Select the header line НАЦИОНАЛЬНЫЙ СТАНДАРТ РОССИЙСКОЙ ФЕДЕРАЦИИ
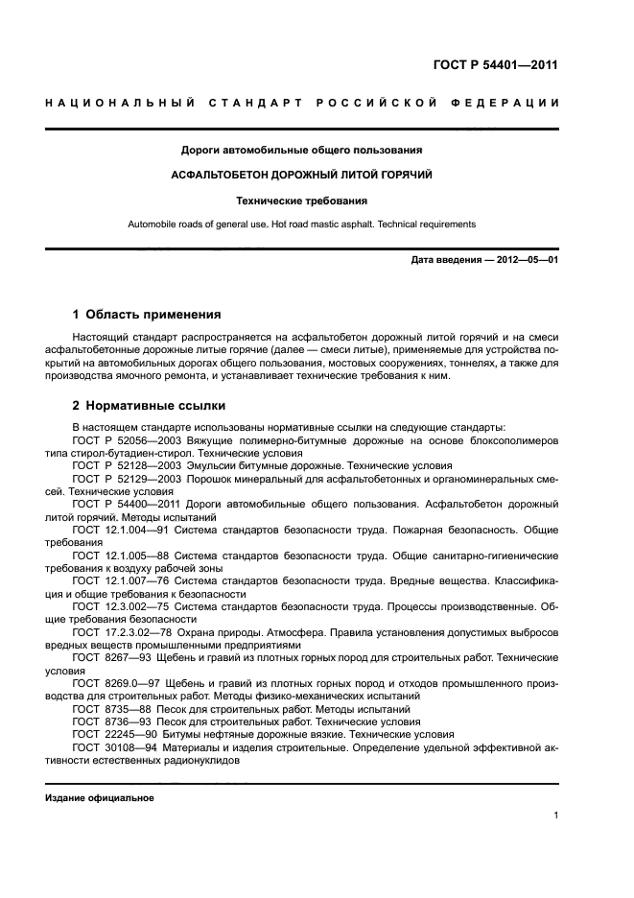point(302,103)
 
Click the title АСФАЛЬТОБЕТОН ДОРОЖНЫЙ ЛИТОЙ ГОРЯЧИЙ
point(302,176)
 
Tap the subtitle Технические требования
point(302,201)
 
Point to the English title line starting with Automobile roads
point(302,224)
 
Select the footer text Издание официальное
point(100,798)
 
